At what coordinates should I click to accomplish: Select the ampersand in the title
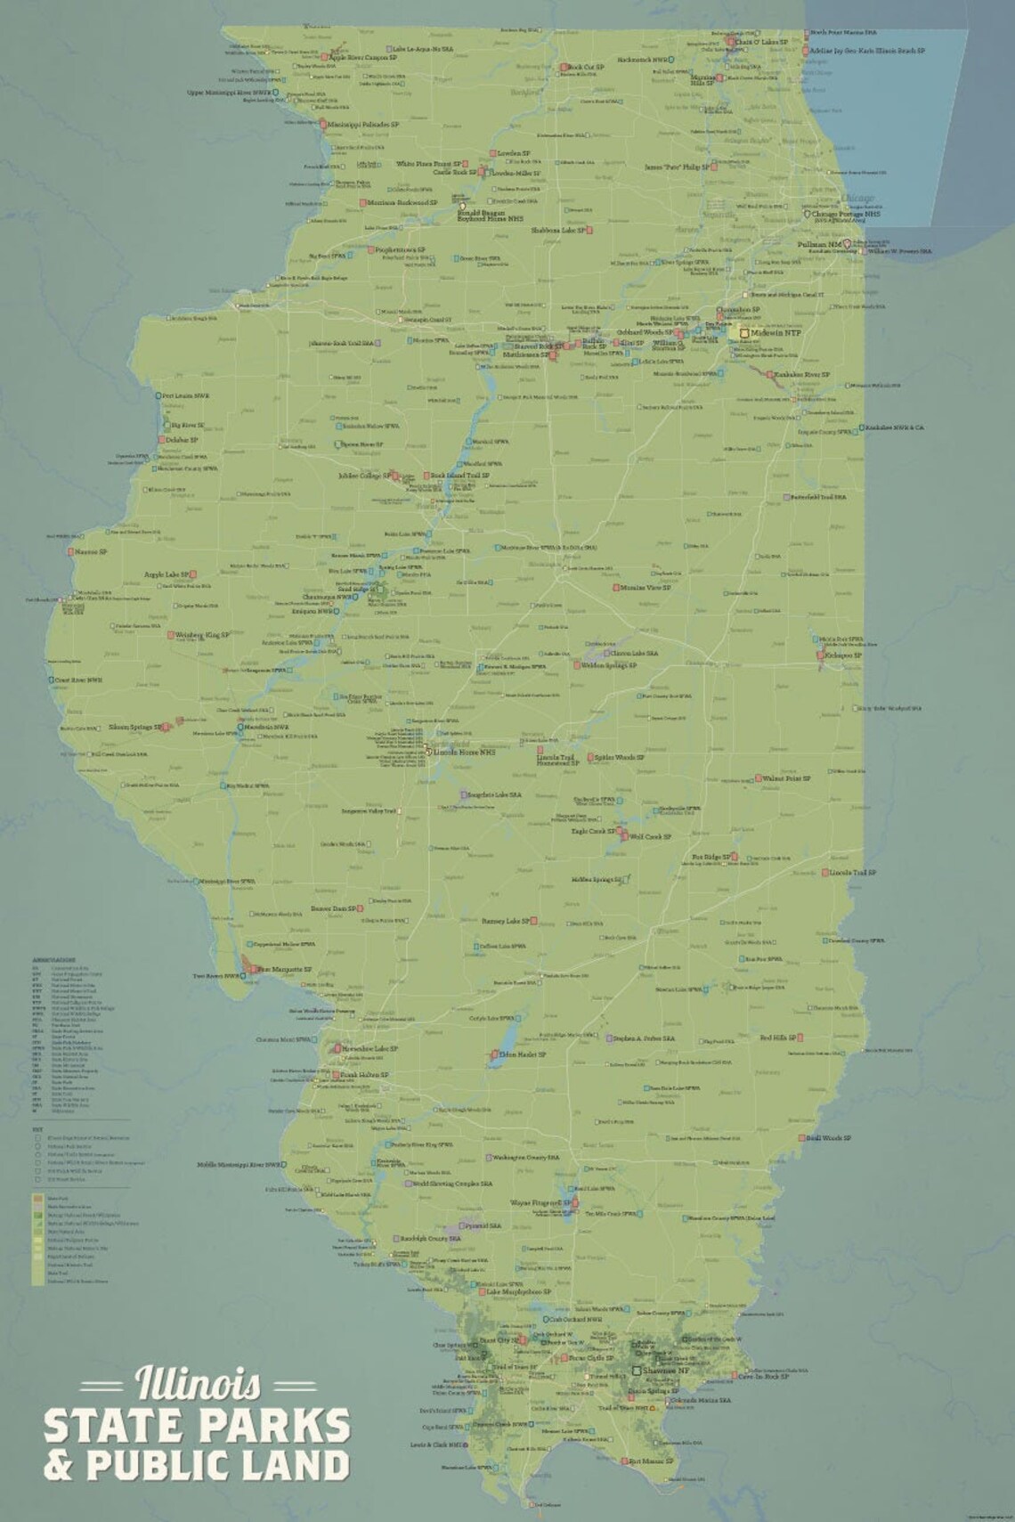tap(60, 1466)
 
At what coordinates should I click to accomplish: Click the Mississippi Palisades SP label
tap(363, 125)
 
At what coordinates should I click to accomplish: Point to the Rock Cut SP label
tap(586, 68)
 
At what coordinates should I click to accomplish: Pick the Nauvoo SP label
tap(91, 552)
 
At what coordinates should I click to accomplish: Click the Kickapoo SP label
tap(844, 655)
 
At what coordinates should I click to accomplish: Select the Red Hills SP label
tap(777, 1038)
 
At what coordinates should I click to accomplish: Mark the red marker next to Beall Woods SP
tap(801, 1138)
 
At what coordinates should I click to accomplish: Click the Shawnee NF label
tap(666, 1371)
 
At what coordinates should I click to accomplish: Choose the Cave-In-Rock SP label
tap(764, 1376)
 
